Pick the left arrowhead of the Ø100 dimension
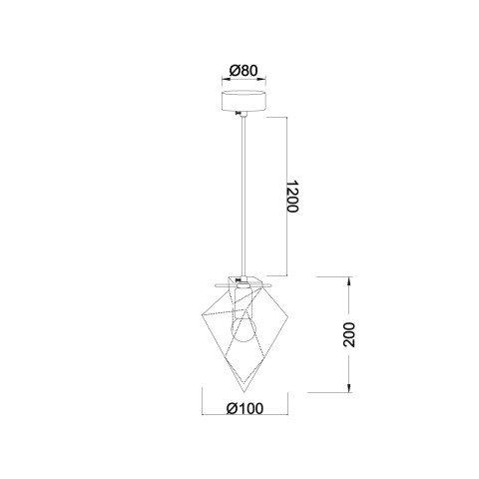(x=205, y=418)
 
